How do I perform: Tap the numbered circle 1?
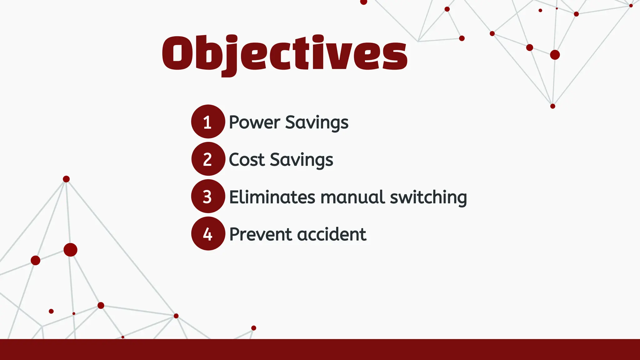(208, 122)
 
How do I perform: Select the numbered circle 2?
(208, 159)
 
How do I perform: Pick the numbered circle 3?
(208, 196)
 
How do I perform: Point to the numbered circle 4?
(208, 234)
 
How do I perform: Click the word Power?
(254, 122)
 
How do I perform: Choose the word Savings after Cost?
(302, 160)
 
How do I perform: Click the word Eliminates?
(272, 197)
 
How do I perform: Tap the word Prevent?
(261, 234)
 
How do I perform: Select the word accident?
(332, 234)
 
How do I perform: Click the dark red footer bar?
(320, 349)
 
